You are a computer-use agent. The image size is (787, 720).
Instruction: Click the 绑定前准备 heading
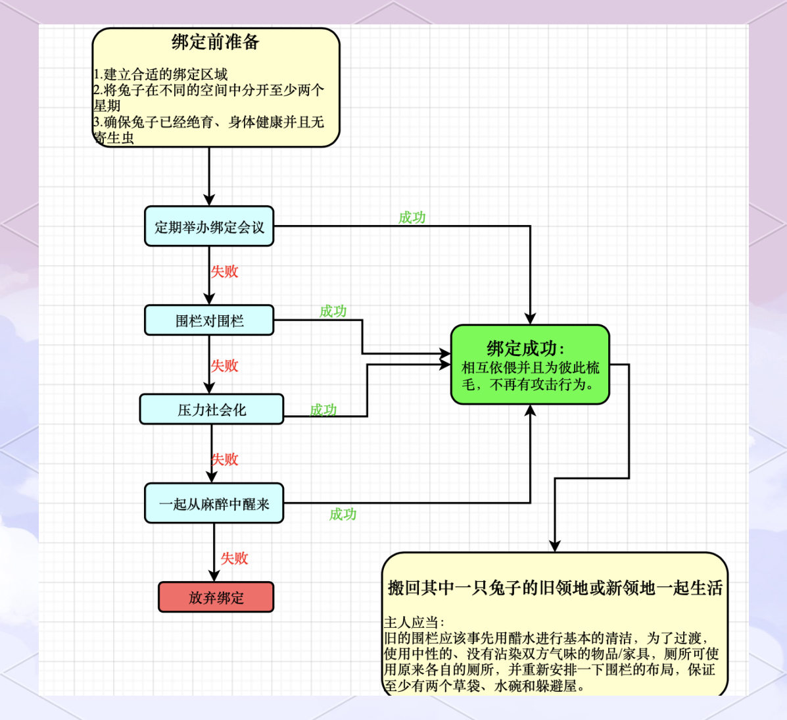coord(216,43)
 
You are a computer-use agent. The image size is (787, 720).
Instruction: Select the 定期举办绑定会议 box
coord(209,227)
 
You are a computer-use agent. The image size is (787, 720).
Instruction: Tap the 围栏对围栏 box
coord(209,321)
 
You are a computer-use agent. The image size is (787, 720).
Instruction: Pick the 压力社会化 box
coord(212,410)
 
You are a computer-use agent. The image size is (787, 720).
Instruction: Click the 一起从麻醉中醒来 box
coord(214,504)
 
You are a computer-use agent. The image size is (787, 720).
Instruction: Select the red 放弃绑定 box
coord(216,598)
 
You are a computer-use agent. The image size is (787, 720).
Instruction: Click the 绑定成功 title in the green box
coord(525,348)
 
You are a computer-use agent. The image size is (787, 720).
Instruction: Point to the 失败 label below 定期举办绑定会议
coord(224,271)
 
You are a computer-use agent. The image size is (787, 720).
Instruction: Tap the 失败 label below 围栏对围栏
coord(224,365)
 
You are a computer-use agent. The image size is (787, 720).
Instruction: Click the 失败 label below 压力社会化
coord(224,459)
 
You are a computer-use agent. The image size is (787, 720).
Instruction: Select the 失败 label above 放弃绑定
coord(234,558)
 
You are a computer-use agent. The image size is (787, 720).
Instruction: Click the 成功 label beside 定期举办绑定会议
coord(412,217)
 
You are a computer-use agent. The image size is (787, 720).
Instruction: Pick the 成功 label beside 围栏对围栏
coord(333,311)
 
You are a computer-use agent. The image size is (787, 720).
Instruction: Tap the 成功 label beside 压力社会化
coord(323,410)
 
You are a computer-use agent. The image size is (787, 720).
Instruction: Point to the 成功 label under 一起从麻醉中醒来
coord(343,514)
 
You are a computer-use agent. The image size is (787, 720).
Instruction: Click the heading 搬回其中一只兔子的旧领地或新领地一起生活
coord(555,588)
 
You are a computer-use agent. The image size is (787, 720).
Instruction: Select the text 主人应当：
coord(414,622)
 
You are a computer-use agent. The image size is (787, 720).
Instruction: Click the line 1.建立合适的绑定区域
coord(160,74)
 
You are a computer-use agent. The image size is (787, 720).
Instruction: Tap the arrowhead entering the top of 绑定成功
coord(530,319)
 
